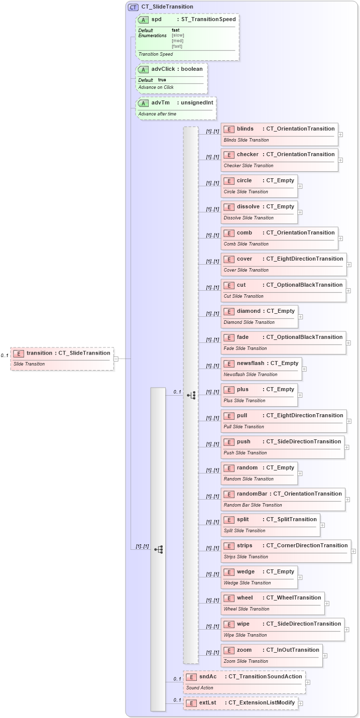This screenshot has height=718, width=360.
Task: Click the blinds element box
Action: pyautogui.click(x=279, y=134)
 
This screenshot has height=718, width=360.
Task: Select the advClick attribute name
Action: pyautogui.click(x=163, y=69)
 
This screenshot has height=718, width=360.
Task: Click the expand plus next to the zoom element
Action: pyautogui.click(x=325, y=656)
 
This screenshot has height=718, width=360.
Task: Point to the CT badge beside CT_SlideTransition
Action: pyautogui.click(x=133, y=7)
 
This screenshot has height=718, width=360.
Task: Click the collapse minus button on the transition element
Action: pyautogui.click(x=116, y=358)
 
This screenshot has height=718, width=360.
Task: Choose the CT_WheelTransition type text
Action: pyautogui.click(x=294, y=598)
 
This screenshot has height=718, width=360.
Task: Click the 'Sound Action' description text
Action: pyautogui.click(x=200, y=688)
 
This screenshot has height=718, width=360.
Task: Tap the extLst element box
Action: pyautogui.click(x=241, y=703)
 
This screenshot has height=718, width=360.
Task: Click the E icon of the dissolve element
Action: pyautogui.click(x=228, y=207)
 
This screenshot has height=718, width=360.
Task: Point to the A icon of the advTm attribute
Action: pyautogui.click(x=144, y=103)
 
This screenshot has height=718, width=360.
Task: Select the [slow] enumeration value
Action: pyautogui.click(x=178, y=36)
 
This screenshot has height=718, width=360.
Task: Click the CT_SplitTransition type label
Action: pyautogui.click(x=291, y=520)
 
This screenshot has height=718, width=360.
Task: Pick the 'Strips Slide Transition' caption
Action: pyautogui.click(x=246, y=557)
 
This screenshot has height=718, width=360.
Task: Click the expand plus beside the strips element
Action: pyautogui.click(x=353, y=551)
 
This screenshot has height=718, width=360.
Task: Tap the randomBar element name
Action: pyautogui.click(x=252, y=494)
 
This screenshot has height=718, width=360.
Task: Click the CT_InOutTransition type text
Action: pyautogui.click(x=293, y=650)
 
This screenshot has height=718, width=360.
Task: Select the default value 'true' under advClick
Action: pyautogui.click(x=162, y=80)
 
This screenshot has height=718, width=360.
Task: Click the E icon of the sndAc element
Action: pyautogui.click(x=191, y=677)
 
